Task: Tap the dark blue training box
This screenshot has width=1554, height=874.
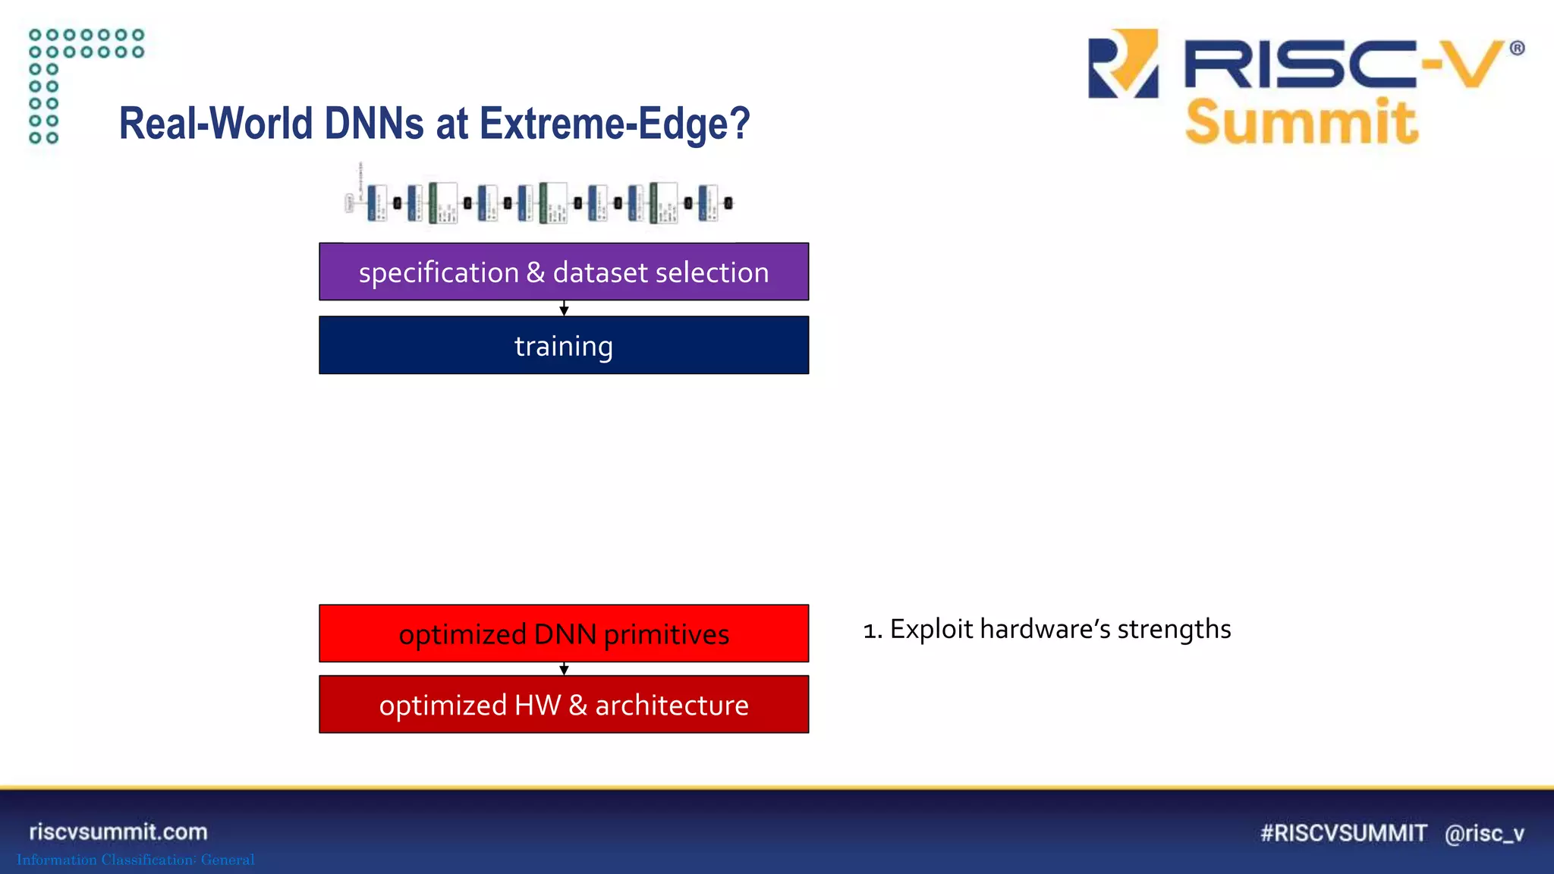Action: coord(563,345)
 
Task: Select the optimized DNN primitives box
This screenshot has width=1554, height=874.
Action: coord(563,633)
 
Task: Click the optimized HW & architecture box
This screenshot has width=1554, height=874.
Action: coord(563,705)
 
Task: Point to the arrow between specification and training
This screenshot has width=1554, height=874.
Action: coord(564,309)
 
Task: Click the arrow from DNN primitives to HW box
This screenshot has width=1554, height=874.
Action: coord(564,669)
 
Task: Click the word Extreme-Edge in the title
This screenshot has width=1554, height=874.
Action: coord(615,124)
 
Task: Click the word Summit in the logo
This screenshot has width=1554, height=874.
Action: coord(1301,121)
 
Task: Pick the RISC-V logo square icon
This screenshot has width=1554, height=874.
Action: coord(1123,64)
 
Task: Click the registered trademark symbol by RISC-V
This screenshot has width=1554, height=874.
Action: coord(1517,49)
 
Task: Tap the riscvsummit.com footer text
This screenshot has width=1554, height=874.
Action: coord(118,832)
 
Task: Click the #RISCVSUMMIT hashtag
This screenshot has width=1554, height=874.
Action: coord(1344,833)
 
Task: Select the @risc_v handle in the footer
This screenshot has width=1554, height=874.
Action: coord(1484,833)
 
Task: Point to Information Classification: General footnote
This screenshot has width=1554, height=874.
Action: coord(136,860)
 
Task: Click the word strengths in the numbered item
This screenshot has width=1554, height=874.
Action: coord(1174,630)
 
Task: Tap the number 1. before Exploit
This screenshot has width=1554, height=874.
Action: coord(873,630)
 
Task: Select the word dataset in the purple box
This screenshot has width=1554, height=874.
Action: coord(599,272)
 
